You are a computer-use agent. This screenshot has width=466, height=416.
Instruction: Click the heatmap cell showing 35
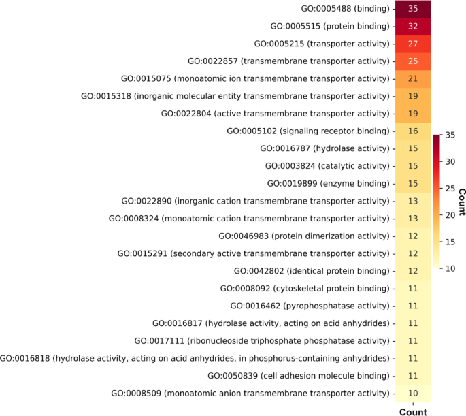pyautogui.click(x=412, y=9)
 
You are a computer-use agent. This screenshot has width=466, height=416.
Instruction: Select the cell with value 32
pyautogui.click(x=412, y=27)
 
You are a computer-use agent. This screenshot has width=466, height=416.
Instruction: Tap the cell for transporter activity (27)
pyautogui.click(x=412, y=44)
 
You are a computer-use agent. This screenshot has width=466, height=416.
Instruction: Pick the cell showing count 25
pyautogui.click(x=412, y=61)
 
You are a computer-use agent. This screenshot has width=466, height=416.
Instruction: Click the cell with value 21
pyautogui.click(x=412, y=79)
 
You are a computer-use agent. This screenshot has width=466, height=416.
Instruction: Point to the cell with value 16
pyautogui.click(x=412, y=131)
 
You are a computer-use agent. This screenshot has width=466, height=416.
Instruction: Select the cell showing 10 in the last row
pyautogui.click(x=412, y=393)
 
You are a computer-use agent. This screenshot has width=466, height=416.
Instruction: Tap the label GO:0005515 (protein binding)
pyautogui.click(x=330, y=27)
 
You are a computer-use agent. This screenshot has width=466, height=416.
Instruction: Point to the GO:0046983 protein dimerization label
pyautogui.click(x=304, y=236)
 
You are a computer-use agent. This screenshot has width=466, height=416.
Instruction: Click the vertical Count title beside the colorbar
pyautogui.click(x=461, y=202)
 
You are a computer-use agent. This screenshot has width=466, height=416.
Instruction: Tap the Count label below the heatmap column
pyautogui.click(x=412, y=411)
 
